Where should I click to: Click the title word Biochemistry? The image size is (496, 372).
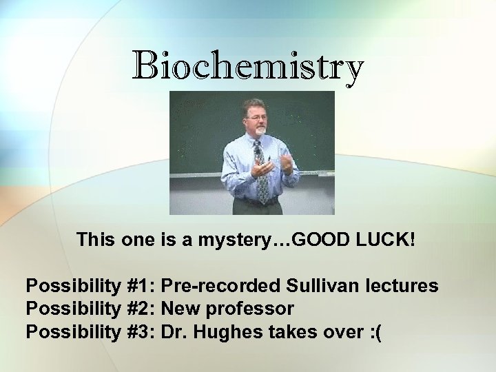pos(247,67)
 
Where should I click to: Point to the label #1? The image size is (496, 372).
pos(141,286)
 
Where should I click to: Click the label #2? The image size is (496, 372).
pos(141,309)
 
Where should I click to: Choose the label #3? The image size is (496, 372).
pos(141,332)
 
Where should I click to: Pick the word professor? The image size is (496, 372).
pos(249,309)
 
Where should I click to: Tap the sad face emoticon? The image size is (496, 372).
pos(375,333)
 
